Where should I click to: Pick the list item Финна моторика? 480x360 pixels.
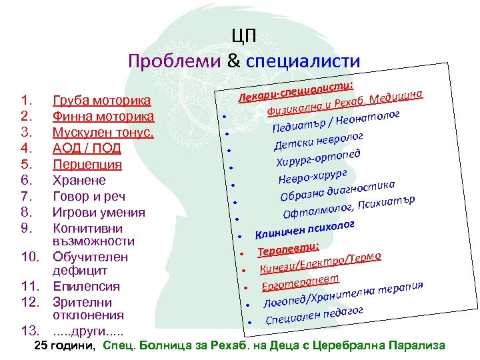click(103, 117)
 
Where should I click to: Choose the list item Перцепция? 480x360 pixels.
click(87, 165)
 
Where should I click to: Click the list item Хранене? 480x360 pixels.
click(79, 181)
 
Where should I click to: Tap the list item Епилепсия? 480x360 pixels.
click(86, 287)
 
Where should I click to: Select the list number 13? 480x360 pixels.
click(29, 331)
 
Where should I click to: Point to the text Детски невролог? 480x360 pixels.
click(319, 139)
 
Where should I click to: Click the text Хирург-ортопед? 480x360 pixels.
click(319, 158)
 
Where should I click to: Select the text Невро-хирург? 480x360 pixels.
click(313, 177)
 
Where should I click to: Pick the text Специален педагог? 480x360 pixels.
click(314, 313)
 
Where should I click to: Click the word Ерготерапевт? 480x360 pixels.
click(301, 281)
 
